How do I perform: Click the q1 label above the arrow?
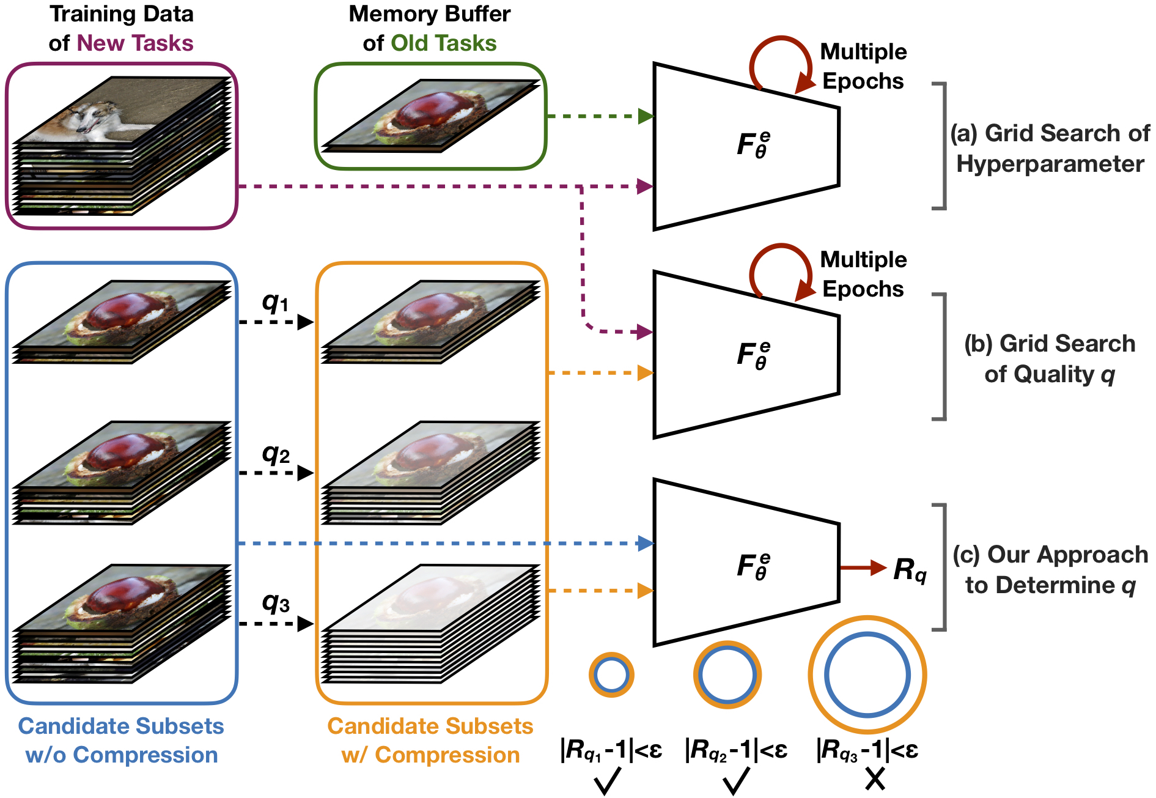(x=275, y=302)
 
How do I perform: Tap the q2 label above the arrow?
(x=276, y=454)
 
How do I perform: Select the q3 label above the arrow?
(x=276, y=604)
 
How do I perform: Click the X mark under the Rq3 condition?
(x=875, y=779)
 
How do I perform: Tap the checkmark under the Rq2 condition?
(x=736, y=781)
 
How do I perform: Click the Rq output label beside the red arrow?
(x=910, y=570)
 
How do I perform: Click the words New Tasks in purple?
(x=135, y=43)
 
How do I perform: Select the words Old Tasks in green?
(x=443, y=43)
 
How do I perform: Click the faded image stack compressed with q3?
(x=431, y=624)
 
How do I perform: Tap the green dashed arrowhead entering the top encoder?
(x=646, y=116)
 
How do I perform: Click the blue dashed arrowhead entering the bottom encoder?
(x=646, y=543)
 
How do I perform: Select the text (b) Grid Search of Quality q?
(x=1050, y=359)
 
